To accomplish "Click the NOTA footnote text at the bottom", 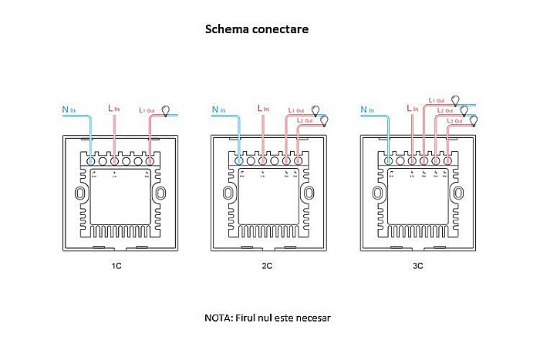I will click(267, 318).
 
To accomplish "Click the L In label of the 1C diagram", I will click(113, 109).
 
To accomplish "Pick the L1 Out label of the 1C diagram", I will click(147, 110).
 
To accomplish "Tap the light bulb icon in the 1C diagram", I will click(164, 109).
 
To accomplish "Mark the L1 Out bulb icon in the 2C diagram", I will click(315, 109).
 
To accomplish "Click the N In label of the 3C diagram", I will click(370, 109).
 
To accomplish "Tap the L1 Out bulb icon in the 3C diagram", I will click(455, 99).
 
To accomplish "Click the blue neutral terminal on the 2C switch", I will click(242, 162).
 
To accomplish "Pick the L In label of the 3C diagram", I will click(411, 109).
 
